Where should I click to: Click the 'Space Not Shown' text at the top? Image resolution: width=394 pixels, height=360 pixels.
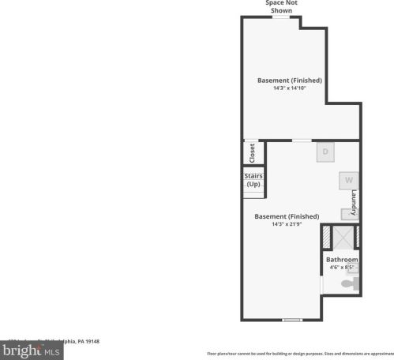(x=281, y=6)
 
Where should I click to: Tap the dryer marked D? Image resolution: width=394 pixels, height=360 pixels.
(x=325, y=152)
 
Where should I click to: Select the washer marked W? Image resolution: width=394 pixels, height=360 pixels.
(x=347, y=181)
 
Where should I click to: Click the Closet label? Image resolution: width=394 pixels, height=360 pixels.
(x=252, y=152)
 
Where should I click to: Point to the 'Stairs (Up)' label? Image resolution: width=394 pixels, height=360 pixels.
(x=253, y=180)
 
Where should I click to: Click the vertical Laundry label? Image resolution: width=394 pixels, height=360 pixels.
(x=355, y=202)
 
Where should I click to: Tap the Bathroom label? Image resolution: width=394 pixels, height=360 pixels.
(x=342, y=260)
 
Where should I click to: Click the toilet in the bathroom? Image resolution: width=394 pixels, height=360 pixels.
(x=350, y=283)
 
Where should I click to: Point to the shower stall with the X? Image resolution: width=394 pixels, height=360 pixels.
(x=342, y=238)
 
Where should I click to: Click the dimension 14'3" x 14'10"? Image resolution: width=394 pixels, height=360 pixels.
(x=289, y=88)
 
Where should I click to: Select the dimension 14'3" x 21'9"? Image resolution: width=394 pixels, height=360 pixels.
(x=286, y=224)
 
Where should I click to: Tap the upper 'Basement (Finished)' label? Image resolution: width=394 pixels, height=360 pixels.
(x=289, y=80)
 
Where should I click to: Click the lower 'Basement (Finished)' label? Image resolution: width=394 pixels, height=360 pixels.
(x=286, y=216)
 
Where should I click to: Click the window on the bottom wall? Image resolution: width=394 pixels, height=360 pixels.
(x=292, y=320)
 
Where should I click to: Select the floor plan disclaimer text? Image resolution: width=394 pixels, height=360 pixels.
(x=300, y=354)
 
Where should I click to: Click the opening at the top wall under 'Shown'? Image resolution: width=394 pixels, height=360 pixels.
(x=281, y=17)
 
